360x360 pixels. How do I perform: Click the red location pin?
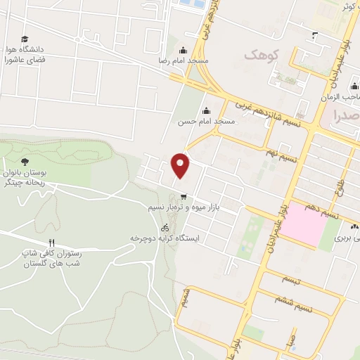tap(181, 165)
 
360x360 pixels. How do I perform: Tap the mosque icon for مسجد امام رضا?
tap(183, 50)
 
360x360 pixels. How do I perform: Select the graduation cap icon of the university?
tap(25, 39)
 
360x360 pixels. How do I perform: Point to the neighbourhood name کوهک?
tap(262, 53)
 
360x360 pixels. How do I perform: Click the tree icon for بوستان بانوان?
tap(25, 146)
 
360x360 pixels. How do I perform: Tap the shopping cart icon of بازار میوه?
tap(184, 197)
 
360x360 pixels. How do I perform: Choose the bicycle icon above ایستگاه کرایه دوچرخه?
tap(165, 228)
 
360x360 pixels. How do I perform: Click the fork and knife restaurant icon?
tap(51, 243)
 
